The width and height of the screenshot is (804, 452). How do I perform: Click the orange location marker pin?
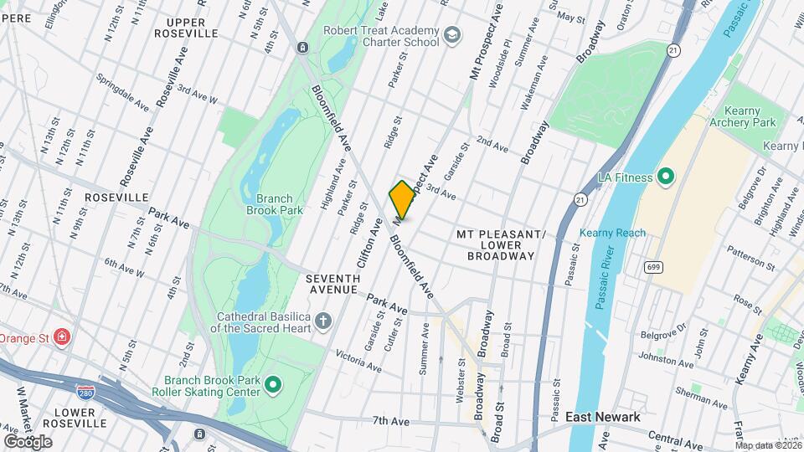coord(403,200)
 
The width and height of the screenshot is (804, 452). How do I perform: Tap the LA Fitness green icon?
coord(666,177)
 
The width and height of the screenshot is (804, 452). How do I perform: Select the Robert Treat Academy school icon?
coord(453,35)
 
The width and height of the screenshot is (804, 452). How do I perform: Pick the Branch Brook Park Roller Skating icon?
coord(272,385)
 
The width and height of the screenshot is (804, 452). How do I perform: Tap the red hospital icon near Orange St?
coord(62,338)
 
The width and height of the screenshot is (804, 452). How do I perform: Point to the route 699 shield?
coord(653,267)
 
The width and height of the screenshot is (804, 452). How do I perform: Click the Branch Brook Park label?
coord(275,204)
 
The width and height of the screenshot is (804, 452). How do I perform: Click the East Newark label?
coord(602,417)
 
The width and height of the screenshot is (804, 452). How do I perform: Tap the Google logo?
coord(28,441)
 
